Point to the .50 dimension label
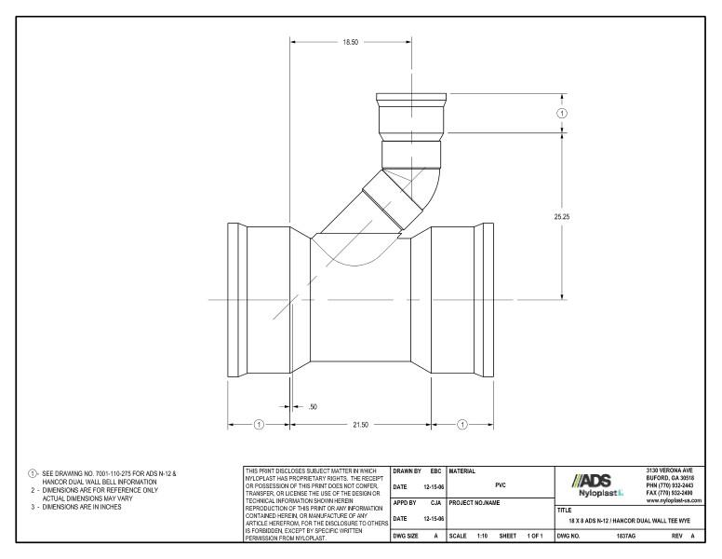point(312,407)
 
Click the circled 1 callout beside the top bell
point(562,113)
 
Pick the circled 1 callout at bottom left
point(259,425)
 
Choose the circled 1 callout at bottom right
point(462,425)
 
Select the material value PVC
point(501,485)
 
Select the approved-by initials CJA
point(435,504)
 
